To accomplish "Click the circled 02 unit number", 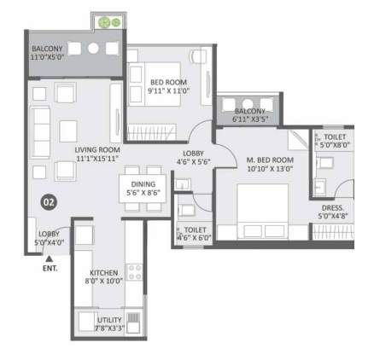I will pos(49,202).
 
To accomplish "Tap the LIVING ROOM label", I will pos(95,149).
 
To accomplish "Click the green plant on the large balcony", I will pos(107,21).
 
